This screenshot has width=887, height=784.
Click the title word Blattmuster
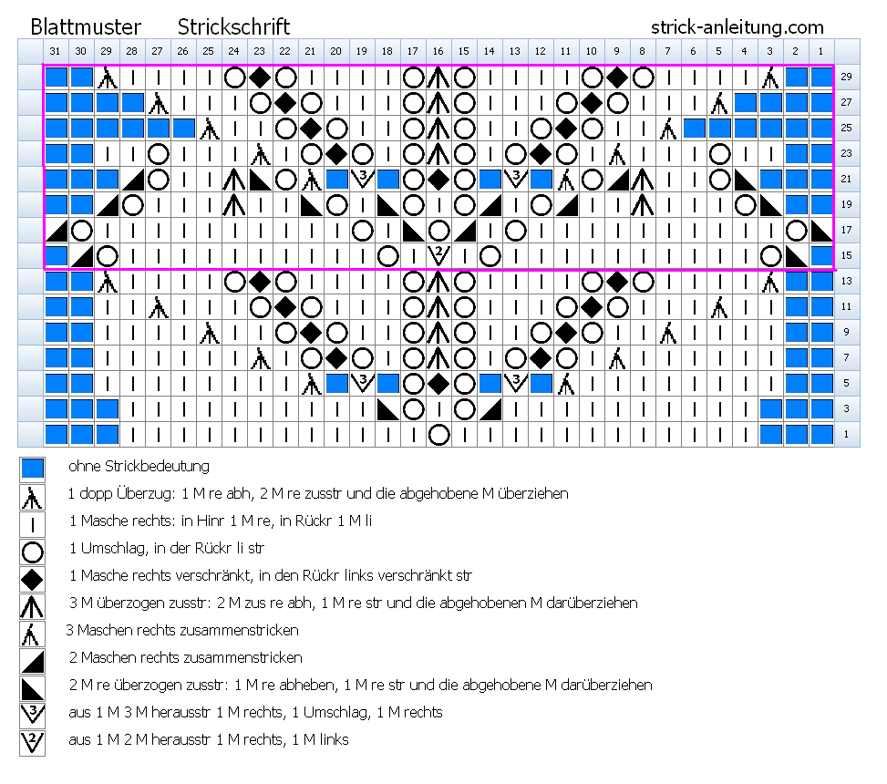pyautogui.click(x=86, y=27)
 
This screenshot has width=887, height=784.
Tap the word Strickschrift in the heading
pyautogui.click(x=233, y=27)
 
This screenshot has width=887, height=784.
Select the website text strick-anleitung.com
pyautogui.click(x=737, y=27)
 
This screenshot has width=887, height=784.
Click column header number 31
pyautogui.click(x=55, y=51)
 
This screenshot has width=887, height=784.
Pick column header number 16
pyautogui.click(x=438, y=51)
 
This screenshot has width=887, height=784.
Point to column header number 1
pyautogui.click(x=820, y=51)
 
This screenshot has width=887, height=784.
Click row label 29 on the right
pyautogui.click(x=846, y=77)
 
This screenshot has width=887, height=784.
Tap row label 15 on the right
pyautogui.click(x=846, y=255)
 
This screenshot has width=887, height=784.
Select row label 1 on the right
pyautogui.click(x=846, y=435)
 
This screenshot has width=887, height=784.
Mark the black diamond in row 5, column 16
pyautogui.click(x=438, y=384)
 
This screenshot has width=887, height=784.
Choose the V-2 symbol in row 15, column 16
pyautogui.click(x=438, y=255)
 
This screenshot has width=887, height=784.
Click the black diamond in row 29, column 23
pyautogui.click(x=260, y=77)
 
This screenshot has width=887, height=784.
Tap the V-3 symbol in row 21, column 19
pyautogui.click(x=362, y=178)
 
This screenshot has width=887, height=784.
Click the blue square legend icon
pyautogui.click(x=32, y=469)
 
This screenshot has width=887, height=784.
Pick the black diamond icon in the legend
pyautogui.click(x=32, y=579)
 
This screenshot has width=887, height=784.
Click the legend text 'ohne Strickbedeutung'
pyautogui.click(x=139, y=466)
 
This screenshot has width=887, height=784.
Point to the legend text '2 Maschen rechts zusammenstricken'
pyautogui.click(x=186, y=657)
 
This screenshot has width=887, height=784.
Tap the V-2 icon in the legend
pyautogui.click(x=32, y=741)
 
